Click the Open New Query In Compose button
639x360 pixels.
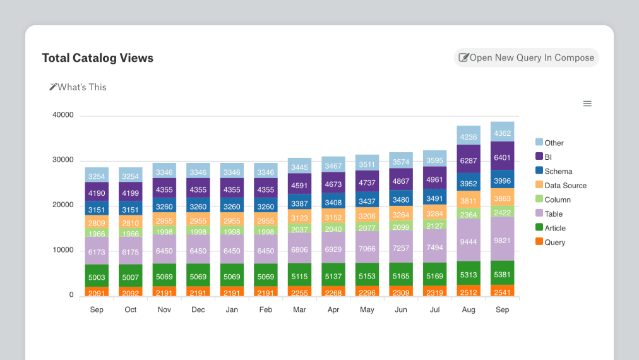pos(526,57)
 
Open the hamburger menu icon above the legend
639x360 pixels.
pos(587,104)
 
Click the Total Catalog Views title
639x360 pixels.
pos(98,58)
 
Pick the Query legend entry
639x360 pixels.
pos(554,243)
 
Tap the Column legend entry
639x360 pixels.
pos(557,200)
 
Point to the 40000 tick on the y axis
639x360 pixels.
pos(63,115)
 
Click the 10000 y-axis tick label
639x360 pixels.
pos(63,250)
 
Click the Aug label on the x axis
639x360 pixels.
pos(469,310)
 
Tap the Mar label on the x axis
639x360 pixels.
pos(299,310)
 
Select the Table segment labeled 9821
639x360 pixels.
pos(502,241)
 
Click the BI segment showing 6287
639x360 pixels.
pos(469,160)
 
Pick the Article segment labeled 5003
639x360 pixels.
pos(97,277)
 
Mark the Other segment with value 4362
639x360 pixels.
pos(502,133)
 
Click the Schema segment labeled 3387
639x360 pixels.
pos(299,203)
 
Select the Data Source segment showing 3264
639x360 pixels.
pos(401,214)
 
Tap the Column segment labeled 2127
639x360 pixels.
pos(434,226)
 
